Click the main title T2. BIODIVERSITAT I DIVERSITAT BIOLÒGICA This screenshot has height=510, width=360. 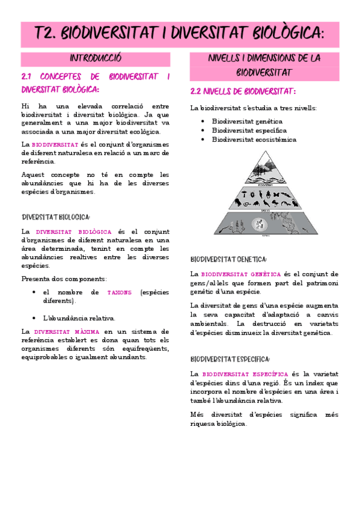point(180,34)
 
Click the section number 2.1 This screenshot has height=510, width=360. point(26,77)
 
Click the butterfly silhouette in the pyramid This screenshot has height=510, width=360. point(276,194)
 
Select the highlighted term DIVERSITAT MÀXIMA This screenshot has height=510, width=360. point(67,331)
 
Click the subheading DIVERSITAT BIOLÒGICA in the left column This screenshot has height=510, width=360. point(55,217)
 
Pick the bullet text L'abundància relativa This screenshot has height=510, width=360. point(79,318)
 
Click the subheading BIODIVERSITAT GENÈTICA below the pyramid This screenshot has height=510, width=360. point(228,260)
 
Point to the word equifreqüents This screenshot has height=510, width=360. point(147,348)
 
